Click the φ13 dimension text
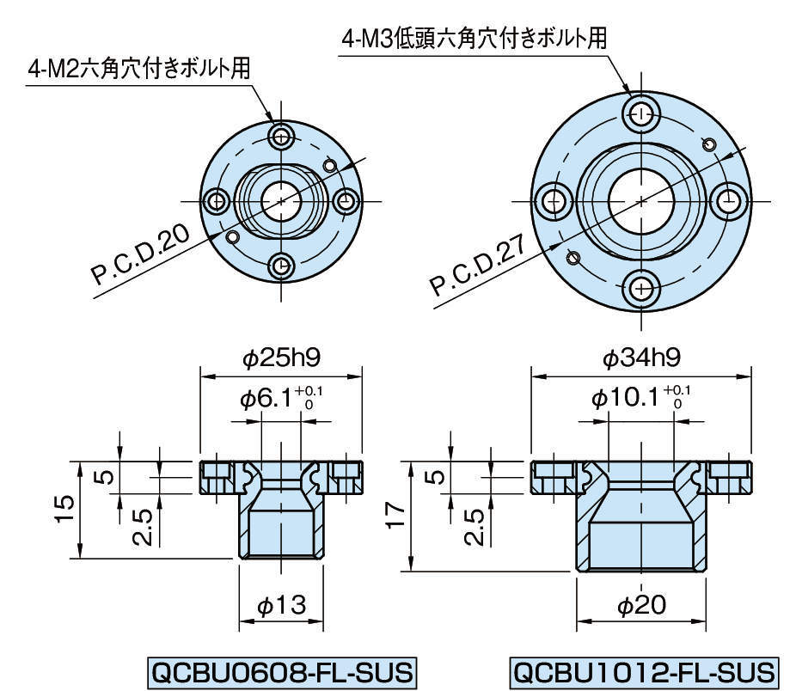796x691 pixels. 282,607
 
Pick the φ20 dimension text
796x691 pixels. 642,607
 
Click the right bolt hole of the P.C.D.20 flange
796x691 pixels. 346,201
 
